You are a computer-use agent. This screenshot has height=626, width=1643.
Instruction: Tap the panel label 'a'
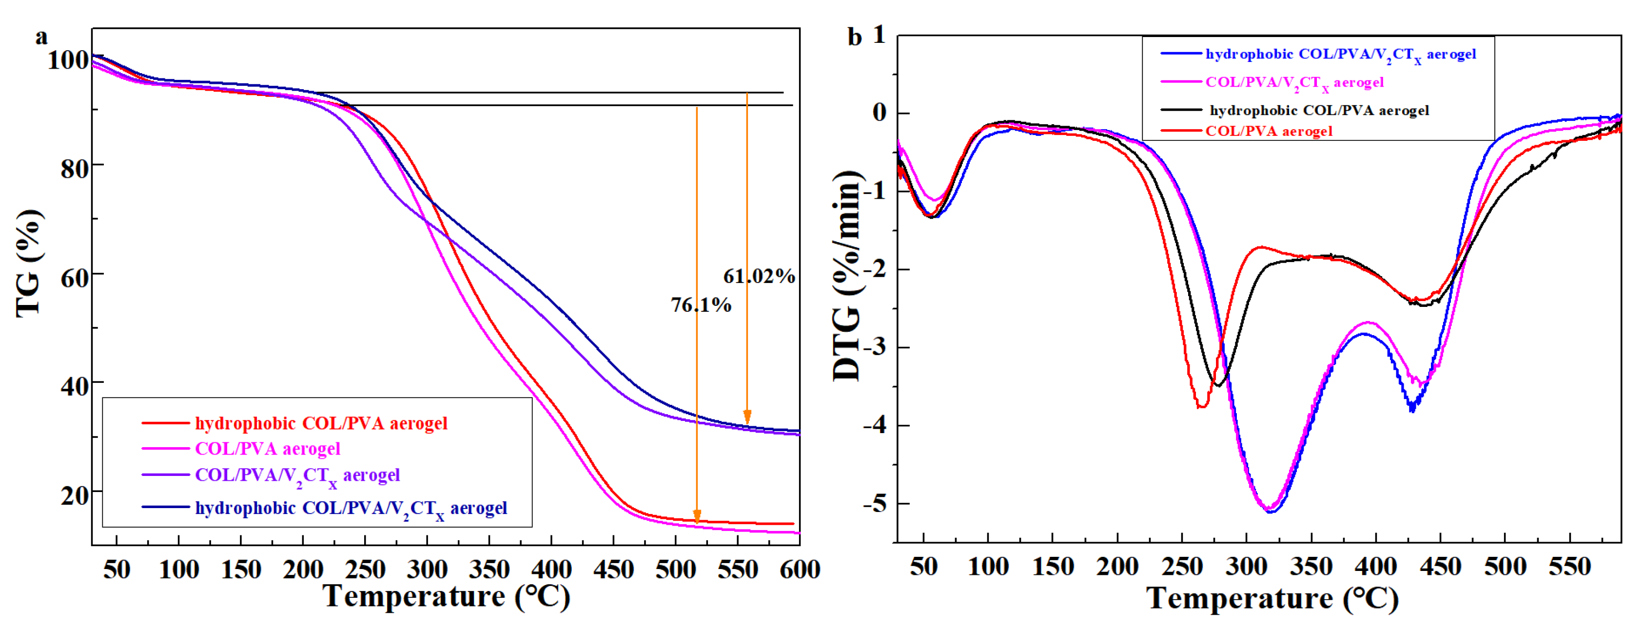coord(41,37)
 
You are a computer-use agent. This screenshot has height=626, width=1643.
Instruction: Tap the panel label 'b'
coord(854,38)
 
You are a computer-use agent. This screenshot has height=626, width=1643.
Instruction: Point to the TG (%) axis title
coord(29,263)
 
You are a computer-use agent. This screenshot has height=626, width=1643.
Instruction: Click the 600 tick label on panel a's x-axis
coord(799,569)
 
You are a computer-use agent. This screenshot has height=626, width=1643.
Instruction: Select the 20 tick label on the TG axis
coord(75,494)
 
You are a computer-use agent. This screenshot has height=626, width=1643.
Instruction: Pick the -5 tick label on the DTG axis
coord(875,504)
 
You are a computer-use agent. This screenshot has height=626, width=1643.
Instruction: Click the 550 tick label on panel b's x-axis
coord(1570,566)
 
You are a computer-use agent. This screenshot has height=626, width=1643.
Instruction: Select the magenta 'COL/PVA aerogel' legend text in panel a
coord(267,449)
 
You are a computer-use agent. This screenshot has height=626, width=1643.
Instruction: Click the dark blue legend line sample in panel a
coord(165,508)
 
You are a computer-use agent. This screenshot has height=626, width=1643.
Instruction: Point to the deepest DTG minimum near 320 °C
coord(1271,511)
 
